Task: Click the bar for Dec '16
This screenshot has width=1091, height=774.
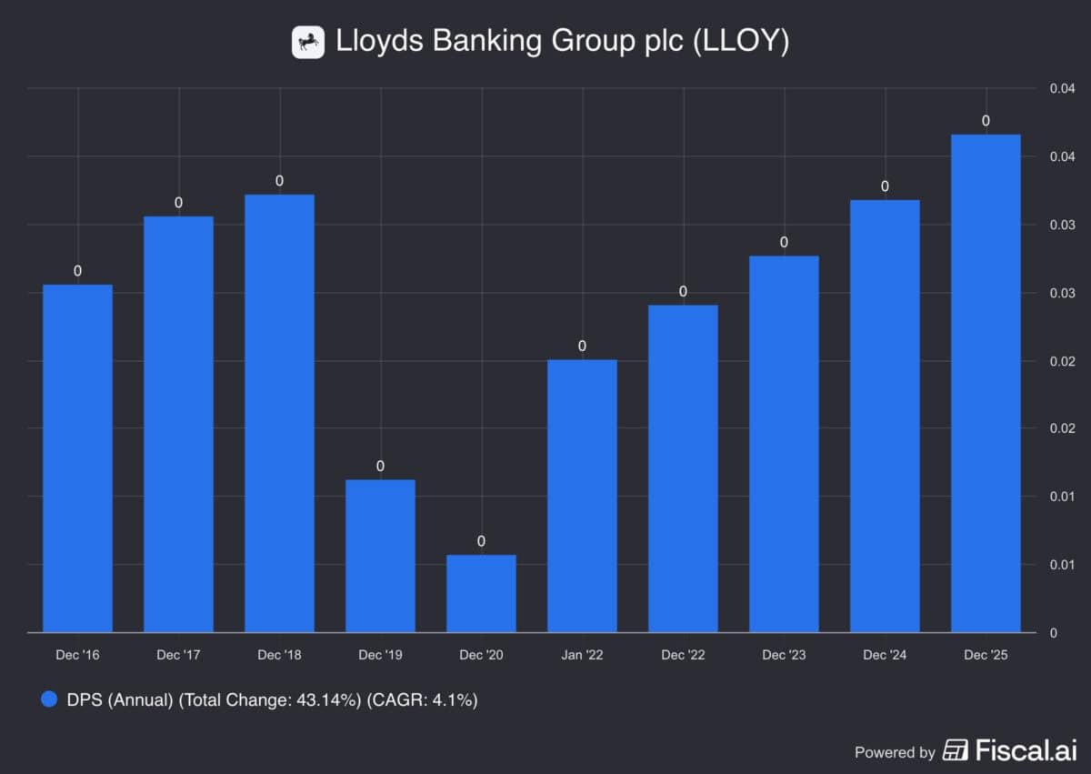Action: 77,458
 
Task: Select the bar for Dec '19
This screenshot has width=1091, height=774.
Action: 380,556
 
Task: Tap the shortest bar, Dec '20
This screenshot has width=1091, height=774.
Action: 481,593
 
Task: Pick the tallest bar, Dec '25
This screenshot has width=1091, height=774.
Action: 986,383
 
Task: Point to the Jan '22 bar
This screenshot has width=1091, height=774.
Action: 582,496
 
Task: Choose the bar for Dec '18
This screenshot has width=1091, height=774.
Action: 279,413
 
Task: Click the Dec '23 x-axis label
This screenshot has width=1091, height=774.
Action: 784,655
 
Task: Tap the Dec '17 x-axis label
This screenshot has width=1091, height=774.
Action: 178,655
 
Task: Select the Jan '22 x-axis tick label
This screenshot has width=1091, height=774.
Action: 582,655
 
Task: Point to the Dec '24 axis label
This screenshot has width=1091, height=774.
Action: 885,655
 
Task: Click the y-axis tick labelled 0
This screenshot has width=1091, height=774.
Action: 1053,632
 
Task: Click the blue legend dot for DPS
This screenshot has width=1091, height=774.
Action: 50,700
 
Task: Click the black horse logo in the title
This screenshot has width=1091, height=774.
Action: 308,42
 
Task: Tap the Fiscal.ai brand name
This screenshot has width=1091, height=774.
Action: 1026,751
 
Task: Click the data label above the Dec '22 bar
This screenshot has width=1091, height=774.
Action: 683,292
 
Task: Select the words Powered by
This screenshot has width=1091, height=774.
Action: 895,752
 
